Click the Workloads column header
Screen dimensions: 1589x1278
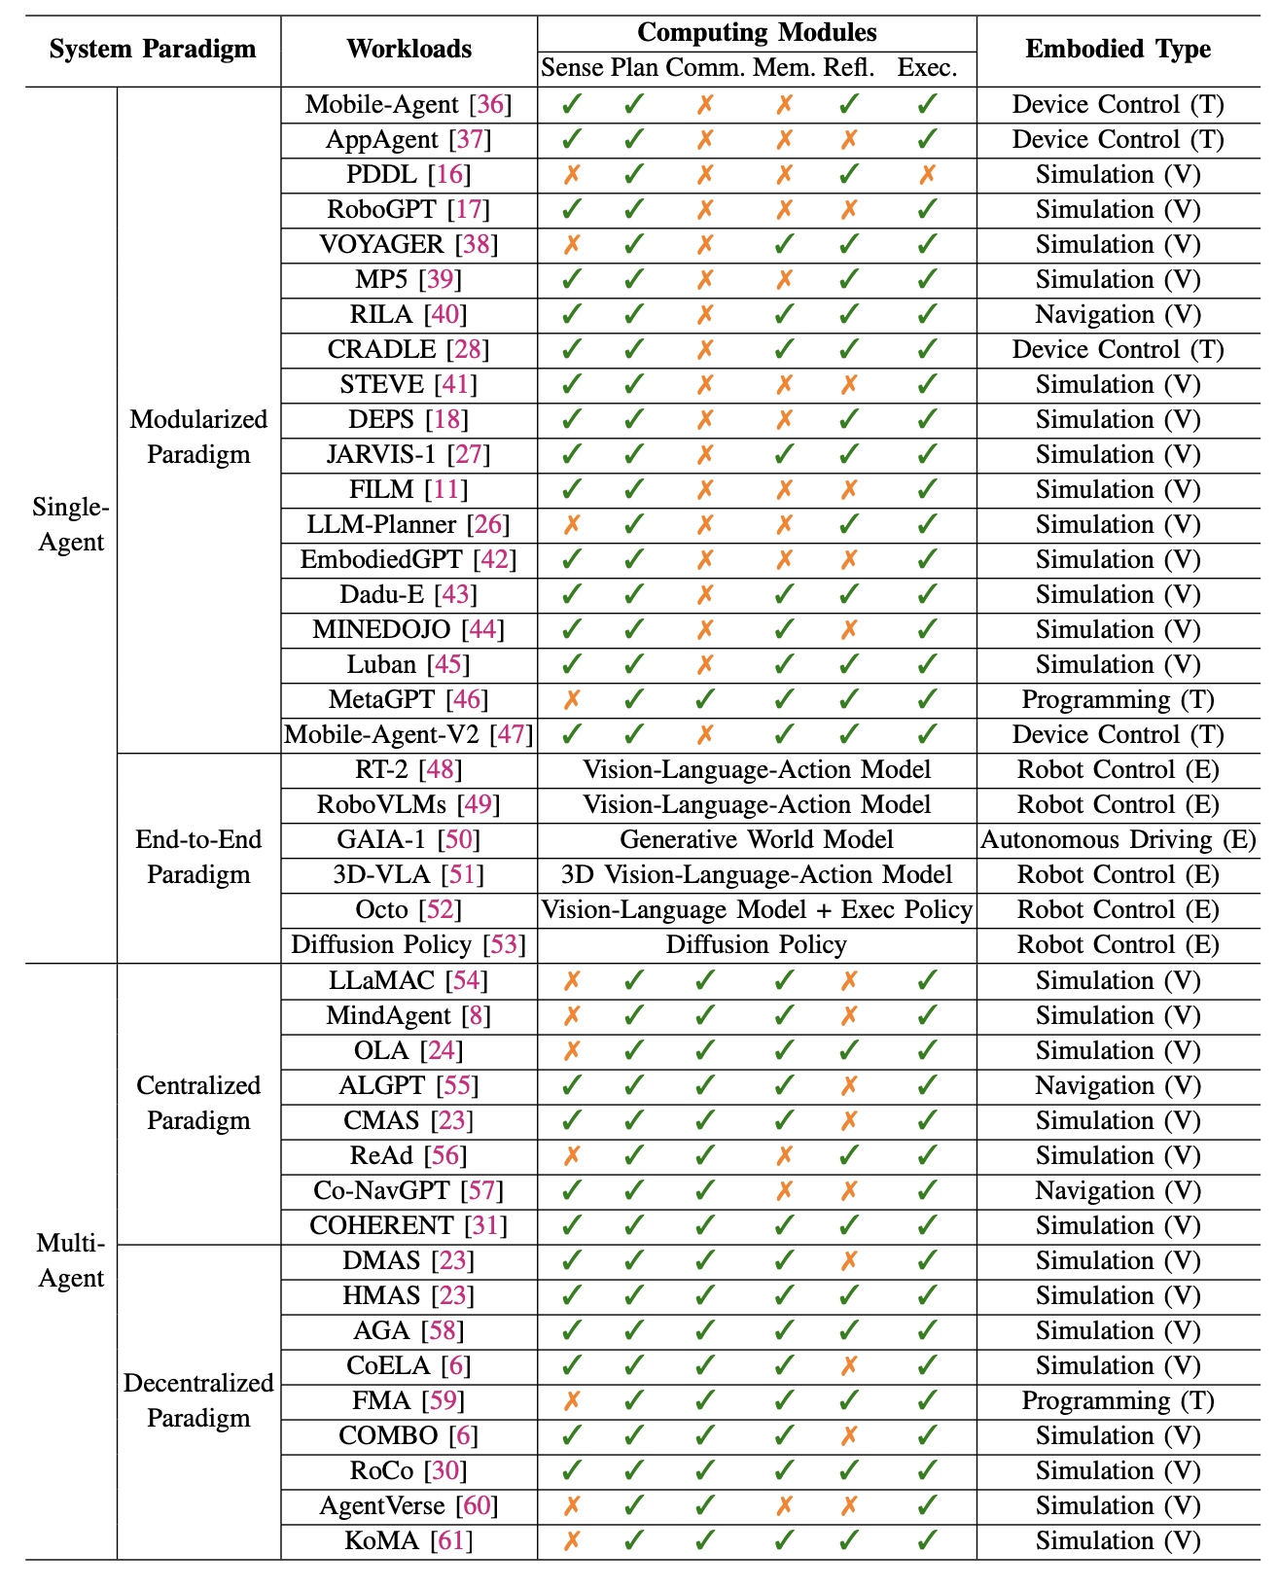(408, 49)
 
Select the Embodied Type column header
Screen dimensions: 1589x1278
(1118, 49)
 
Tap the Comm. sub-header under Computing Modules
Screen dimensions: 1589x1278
(706, 68)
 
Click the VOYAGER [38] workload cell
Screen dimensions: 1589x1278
(408, 244)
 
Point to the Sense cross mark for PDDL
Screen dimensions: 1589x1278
(572, 174)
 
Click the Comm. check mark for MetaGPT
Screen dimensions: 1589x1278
(705, 699)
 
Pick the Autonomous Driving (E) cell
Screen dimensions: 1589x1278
(1118, 839)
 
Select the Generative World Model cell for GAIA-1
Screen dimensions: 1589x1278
(756, 839)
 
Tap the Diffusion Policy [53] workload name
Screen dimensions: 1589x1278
(408, 944)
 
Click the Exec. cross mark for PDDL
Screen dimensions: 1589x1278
(927, 174)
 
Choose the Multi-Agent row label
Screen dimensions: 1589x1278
(71, 1260)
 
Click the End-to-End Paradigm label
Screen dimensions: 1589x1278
(198, 857)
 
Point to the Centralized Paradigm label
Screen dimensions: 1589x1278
(198, 1103)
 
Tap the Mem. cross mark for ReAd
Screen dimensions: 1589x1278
(784, 1155)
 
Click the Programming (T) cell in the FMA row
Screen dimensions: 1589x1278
(1118, 1400)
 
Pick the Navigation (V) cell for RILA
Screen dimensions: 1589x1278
(1118, 314)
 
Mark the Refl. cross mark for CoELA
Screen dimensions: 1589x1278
(848, 1365)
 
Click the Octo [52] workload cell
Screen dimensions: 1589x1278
(408, 909)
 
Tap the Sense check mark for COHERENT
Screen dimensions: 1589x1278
(572, 1225)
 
